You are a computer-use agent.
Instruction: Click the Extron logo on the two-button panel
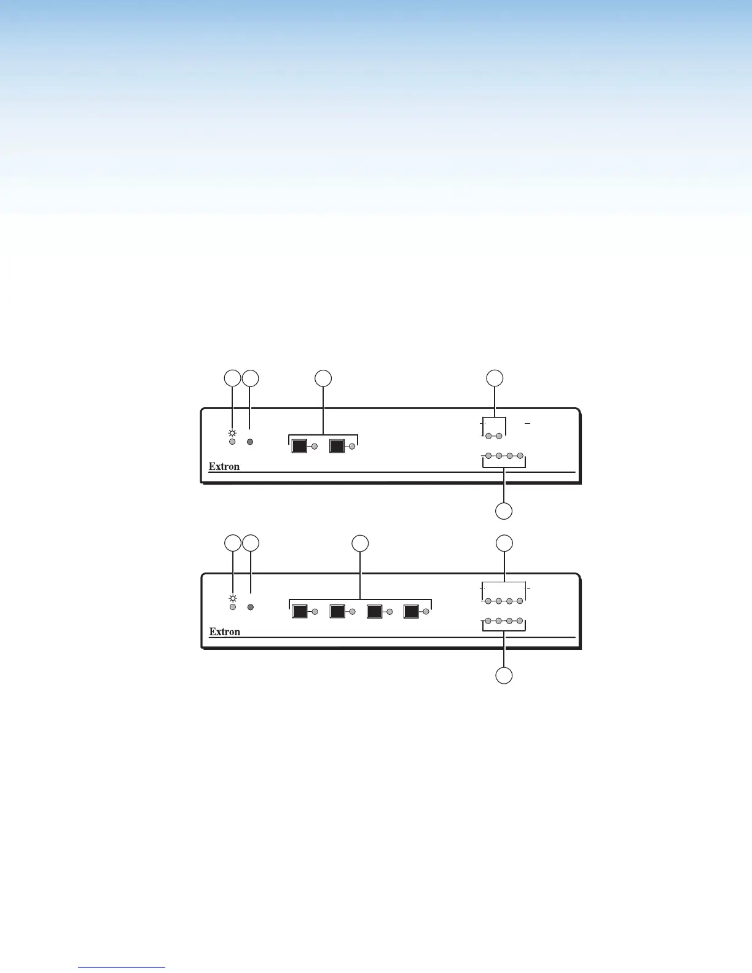[x=224, y=466]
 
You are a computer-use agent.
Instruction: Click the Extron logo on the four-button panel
[x=224, y=631]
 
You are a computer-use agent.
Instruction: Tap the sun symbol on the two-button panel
[x=232, y=431]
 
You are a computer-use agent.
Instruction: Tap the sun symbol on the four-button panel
[x=232, y=597]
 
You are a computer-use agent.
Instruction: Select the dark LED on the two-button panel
[x=250, y=442]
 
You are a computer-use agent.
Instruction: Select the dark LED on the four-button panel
[x=250, y=607]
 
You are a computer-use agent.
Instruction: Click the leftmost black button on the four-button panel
[x=299, y=612]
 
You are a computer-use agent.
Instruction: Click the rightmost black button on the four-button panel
[x=411, y=612]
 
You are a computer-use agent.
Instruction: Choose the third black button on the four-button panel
[x=374, y=612]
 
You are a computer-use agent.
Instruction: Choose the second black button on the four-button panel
[x=337, y=612]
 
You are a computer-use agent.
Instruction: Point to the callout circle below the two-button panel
[x=504, y=511]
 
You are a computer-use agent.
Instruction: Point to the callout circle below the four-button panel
[x=504, y=676]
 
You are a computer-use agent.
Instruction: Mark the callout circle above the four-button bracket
[x=360, y=543]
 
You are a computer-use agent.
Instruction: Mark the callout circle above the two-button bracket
[x=323, y=378]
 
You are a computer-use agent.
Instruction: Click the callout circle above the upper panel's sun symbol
[x=232, y=378]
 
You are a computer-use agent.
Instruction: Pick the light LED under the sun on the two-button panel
[x=232, y=442]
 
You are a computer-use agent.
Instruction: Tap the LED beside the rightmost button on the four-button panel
[x=426, y=612]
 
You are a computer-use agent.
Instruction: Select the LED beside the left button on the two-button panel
[x=315, y=447]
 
